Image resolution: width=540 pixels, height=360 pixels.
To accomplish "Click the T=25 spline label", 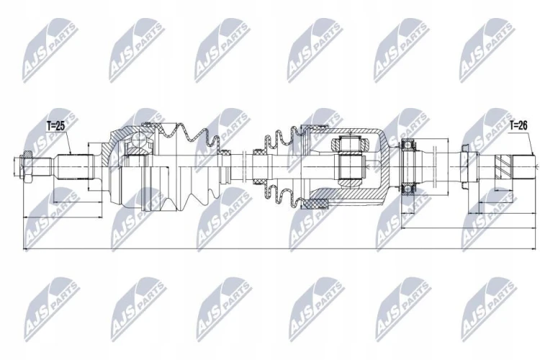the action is pyautogui.click(x=55, y=126).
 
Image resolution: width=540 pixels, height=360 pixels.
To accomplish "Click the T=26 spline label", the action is pyautogui.click(x=518, y=126).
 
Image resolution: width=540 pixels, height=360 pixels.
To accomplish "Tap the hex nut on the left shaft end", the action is pyautogui.click(x=26, y=167).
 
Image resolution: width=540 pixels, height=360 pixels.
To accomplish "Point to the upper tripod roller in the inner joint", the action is pyautogui.click(x=350, y=143).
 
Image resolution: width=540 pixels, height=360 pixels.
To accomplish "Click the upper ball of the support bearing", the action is pyautogui.click(x=409, y=144).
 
